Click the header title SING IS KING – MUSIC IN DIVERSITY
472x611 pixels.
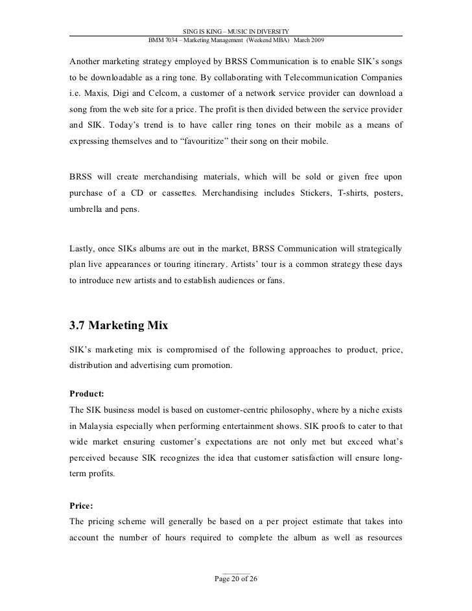(236, 31)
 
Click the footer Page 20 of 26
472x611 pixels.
(235, 579)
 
